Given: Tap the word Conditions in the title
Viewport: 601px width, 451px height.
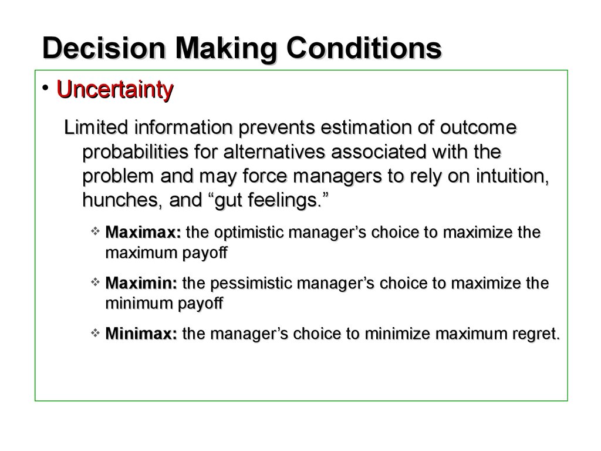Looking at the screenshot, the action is coord(364,48).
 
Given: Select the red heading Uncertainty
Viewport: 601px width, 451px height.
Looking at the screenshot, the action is coord(114,90).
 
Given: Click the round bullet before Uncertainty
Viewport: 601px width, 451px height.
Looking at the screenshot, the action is coord(46,88).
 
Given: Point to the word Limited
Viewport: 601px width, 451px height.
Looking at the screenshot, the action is coord(96,127).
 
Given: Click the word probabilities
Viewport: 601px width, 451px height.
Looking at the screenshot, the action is coord(135,153).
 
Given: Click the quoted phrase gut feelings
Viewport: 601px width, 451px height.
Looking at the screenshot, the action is coord(268,201).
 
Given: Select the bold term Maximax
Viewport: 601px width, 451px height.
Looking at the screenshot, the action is coord(143,232).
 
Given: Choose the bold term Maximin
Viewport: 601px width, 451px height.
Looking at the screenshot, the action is coord(141,283).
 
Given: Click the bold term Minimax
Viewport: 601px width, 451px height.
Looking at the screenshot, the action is coord(141,334).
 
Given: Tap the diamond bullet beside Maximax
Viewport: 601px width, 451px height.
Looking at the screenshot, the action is coord(95,231).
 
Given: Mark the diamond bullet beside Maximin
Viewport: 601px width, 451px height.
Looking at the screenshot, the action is coord(95,282).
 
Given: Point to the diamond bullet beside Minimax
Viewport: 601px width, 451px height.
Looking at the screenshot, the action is coord(95,332).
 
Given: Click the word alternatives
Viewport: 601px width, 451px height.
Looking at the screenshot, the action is coord(274,152).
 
